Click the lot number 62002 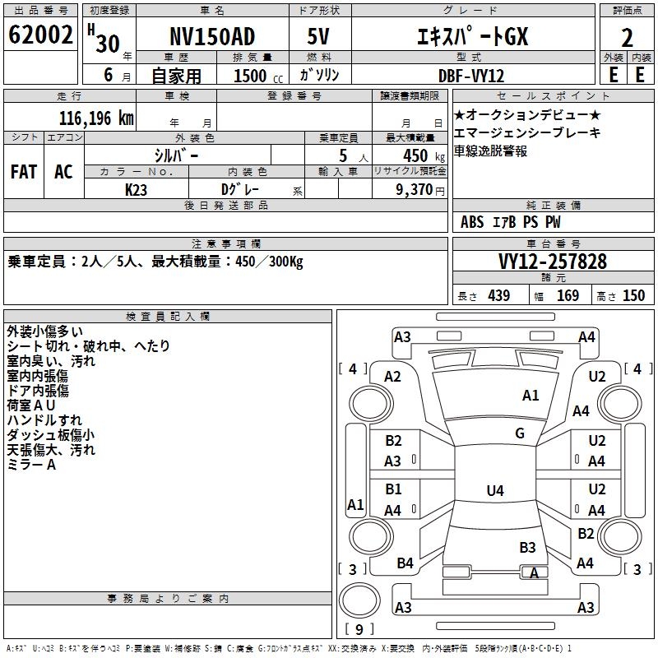pos(40,35)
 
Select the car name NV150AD pos(212,36)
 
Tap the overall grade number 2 pos(627,38)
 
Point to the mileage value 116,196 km pos(96,118)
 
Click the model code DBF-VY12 pos(470,76)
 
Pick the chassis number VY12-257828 pos(553,262)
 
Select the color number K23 pos(136,190)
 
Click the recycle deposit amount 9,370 pos(414,189)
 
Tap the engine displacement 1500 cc pos(258,76)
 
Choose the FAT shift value pos(24,172)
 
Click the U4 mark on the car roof pos(495,490)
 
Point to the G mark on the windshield pos(520,433)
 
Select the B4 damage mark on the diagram pos(405,563)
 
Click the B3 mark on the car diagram pos(527,548)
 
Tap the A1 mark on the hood pos(531,396)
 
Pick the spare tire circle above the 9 pos(359,600)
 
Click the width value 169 pos(568,295)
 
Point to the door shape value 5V pos(318,36)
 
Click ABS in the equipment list pos(472,222)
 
